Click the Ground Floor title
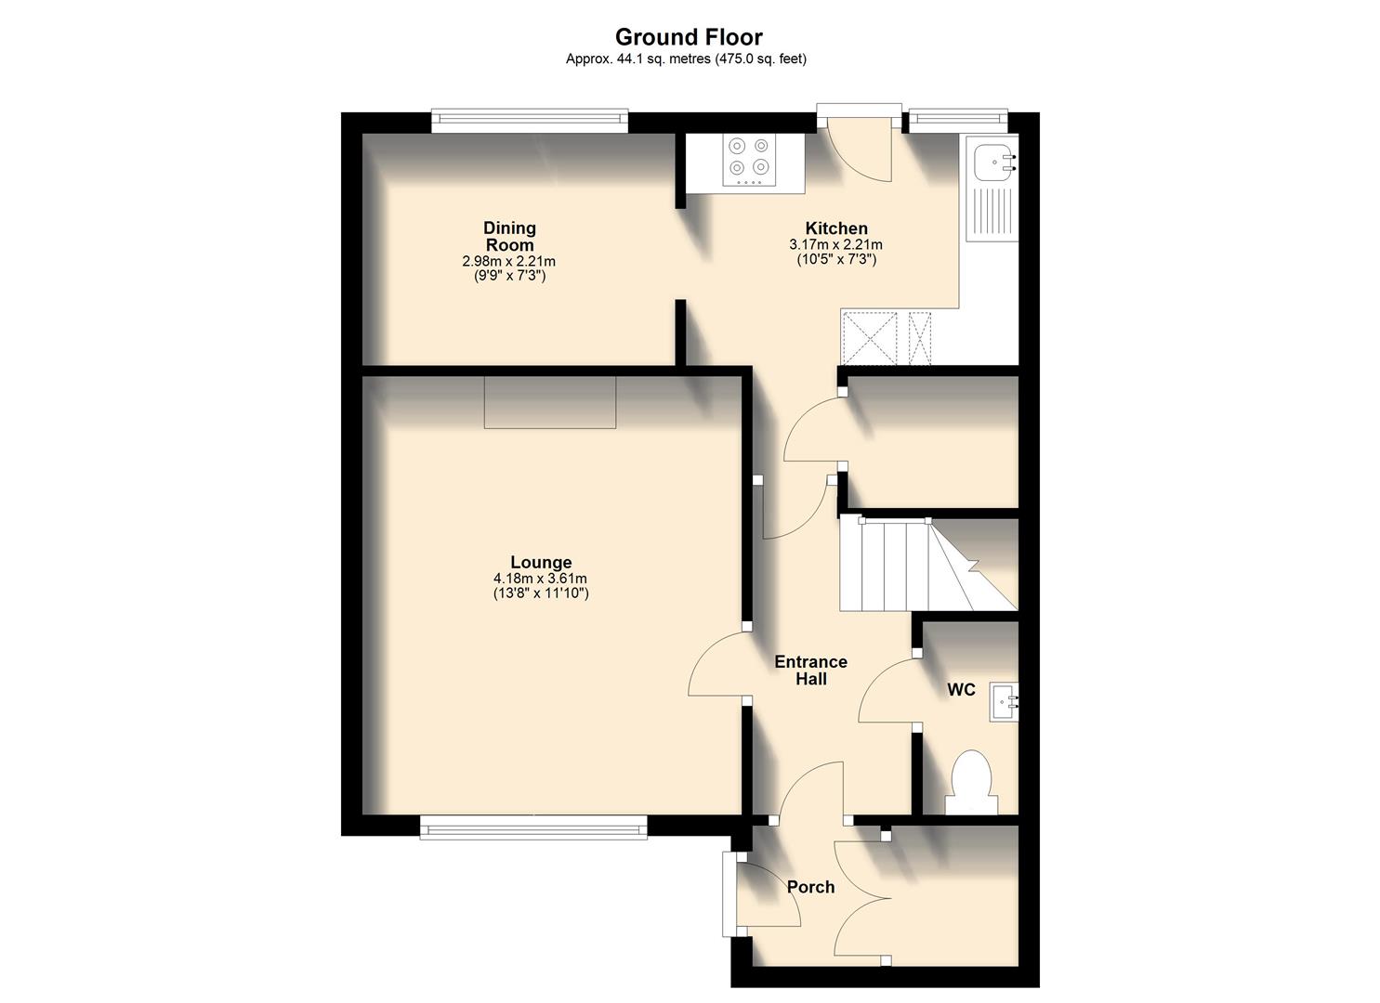pyautogui.click(x=689, y=37)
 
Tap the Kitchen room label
pyautogui.click(x=836, y=228)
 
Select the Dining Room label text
pyautogui.click(x=509, y=236)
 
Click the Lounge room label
pyautogui.click(x=541, y=562)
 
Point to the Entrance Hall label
pyautogui.click(x=810, y=671)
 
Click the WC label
pyautogui.click(x=961, y=690)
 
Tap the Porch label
pyautogui.click(x=810, y=887)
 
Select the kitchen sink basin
pyautogui.click(x=990, y=164)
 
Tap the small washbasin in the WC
pyautogui.click(x=1004, y=701)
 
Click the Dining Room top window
pyautogui.click(x=530, y=118)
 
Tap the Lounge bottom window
pyautogui.click(x=533, y=827)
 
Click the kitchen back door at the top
pyautogui.click(x=860, y=149)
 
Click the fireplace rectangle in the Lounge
pyautogui.click(x=549, y=402)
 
